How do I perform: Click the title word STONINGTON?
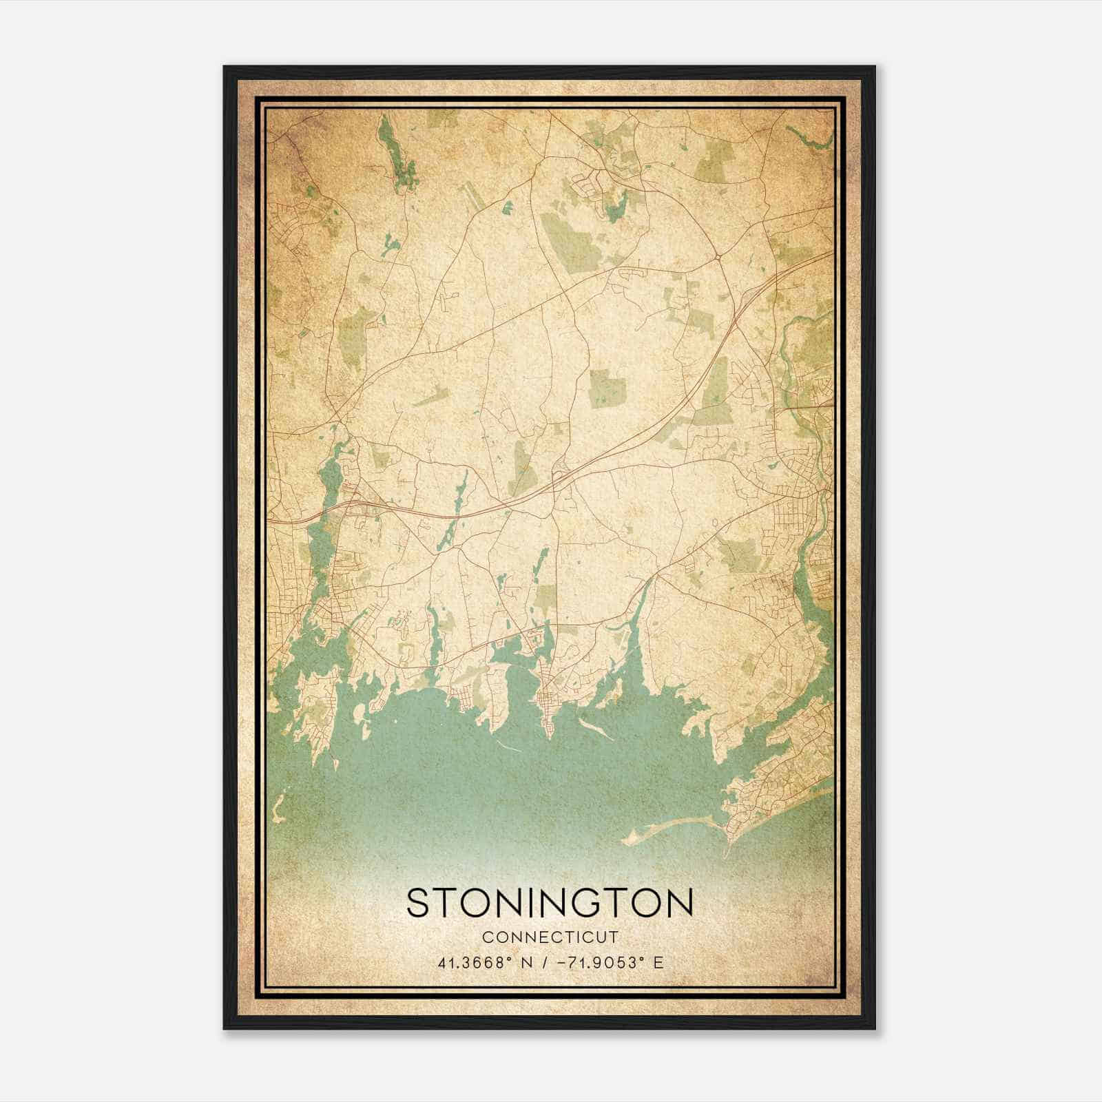pyautogui.click(x=550, y=903)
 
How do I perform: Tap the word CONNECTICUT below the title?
pyautogui.click(x=550, y=937)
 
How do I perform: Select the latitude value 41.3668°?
pyautogui.click(x=474, y=963)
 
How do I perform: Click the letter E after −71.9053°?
pyautogui.click(x=659, y=963)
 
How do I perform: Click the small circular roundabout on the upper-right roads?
pyautogui.click(x=718, y=256)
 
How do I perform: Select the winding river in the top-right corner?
pyautogui.click(x=813, y=141)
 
